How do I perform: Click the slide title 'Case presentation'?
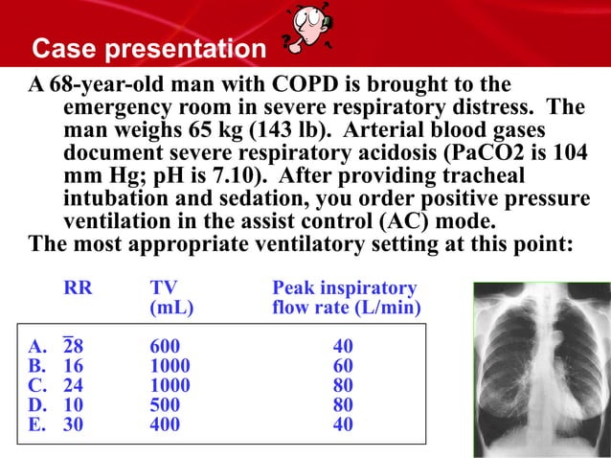point(147,48)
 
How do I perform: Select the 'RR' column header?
point(78,288)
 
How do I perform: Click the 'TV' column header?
point(164,288)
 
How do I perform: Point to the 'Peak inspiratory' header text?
point(345,288)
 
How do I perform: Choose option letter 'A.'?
point(37,346)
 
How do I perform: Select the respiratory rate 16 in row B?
point(73,366)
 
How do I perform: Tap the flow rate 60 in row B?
point(343,366)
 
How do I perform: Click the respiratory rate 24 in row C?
point(73,385)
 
